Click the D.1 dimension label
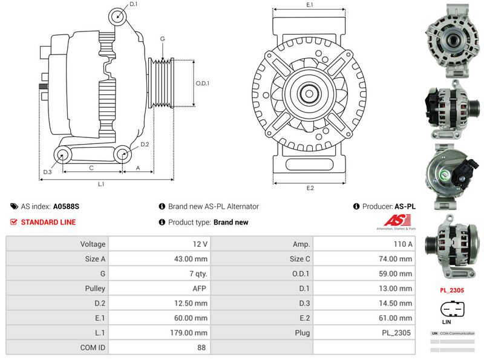(x=133, y=4)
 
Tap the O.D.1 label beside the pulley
(x=202, y=83)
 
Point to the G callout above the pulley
(x=162, y=39)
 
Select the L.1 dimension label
(x=102, y=184)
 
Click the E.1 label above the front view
(x=310, y=5)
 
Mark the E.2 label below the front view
(x=310, y=188)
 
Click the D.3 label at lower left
(x=47, y=172)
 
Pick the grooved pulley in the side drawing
(x=160, y=83)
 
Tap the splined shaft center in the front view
(x=309, y=94)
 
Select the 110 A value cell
(x=364, y=244)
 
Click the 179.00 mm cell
(x=159, y=333)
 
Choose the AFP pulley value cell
(x=159, y=289)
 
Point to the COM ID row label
(x=57, y=347)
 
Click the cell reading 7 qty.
(x=159, y=273)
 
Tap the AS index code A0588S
(x=66, y=206)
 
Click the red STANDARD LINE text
(x=48, y=222)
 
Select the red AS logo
(x=396, y=222)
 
